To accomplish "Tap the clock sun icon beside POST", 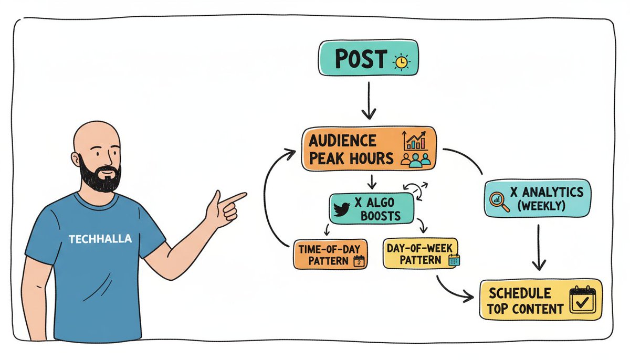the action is coord(402,61).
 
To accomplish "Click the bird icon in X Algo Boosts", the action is coord(343,208).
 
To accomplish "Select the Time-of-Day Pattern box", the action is coord(330,254).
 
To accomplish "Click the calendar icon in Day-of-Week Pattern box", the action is coord(454,259).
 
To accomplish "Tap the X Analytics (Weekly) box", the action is coord(537,199).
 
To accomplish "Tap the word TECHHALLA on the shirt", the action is coord(100,239).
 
